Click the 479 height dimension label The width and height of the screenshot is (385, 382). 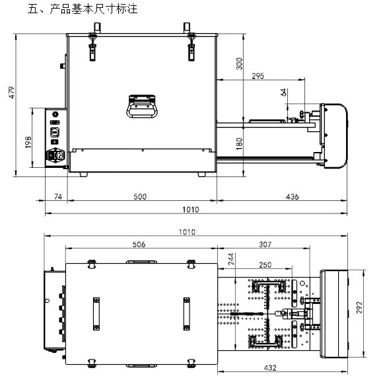click(12, 93)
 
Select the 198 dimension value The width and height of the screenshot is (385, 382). click(28, 142)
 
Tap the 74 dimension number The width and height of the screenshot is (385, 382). click(58, 196)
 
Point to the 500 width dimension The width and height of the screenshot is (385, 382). click(140, 196)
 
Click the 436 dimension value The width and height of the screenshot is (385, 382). click(292, 196)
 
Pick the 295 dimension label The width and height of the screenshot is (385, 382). click(258, 76)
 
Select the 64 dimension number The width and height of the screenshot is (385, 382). click(283, 93)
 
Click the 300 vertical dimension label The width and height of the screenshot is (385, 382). click(239, 63)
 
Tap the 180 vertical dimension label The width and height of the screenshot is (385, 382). click(239, 143)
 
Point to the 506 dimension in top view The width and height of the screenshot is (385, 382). click(139, 245)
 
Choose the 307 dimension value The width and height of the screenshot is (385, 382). click(265, 245)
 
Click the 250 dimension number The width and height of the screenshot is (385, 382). click(265, 265)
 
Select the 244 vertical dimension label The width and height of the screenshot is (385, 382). click(231, 259)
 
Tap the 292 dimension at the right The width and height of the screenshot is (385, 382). click(359, 307)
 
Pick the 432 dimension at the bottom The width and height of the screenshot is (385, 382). click(270, 367)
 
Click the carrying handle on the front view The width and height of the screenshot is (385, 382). click(142, 106)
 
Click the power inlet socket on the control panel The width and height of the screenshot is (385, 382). click(55, 155)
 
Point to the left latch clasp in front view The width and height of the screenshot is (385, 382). click(92, 47)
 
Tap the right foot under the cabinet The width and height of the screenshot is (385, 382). click(202, 174)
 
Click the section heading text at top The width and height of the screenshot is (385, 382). click(83, 9)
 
